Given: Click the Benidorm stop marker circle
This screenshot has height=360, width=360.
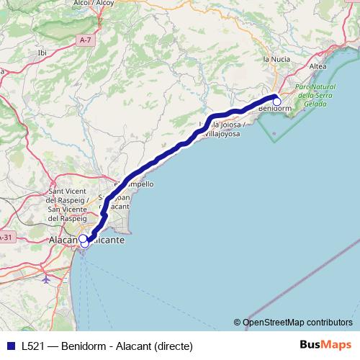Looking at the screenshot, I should tap(276, 102).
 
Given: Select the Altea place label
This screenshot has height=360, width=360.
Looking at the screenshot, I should tap(317, 66).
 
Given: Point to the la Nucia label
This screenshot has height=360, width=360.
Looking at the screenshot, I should tap(276, 58).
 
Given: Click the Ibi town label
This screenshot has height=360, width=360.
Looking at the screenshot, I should tap(41, 52).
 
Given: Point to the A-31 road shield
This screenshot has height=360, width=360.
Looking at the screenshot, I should tap(5, 237).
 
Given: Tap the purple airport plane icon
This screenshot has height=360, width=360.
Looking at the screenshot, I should tap(47, 277).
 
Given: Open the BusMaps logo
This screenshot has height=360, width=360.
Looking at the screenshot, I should tap(325, 345).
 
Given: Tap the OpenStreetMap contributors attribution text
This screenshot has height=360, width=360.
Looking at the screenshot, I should tap(297, 322).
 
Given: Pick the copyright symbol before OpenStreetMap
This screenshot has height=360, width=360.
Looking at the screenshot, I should tap(238, 322).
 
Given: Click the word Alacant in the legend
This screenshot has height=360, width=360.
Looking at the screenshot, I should tap(132, 346).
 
